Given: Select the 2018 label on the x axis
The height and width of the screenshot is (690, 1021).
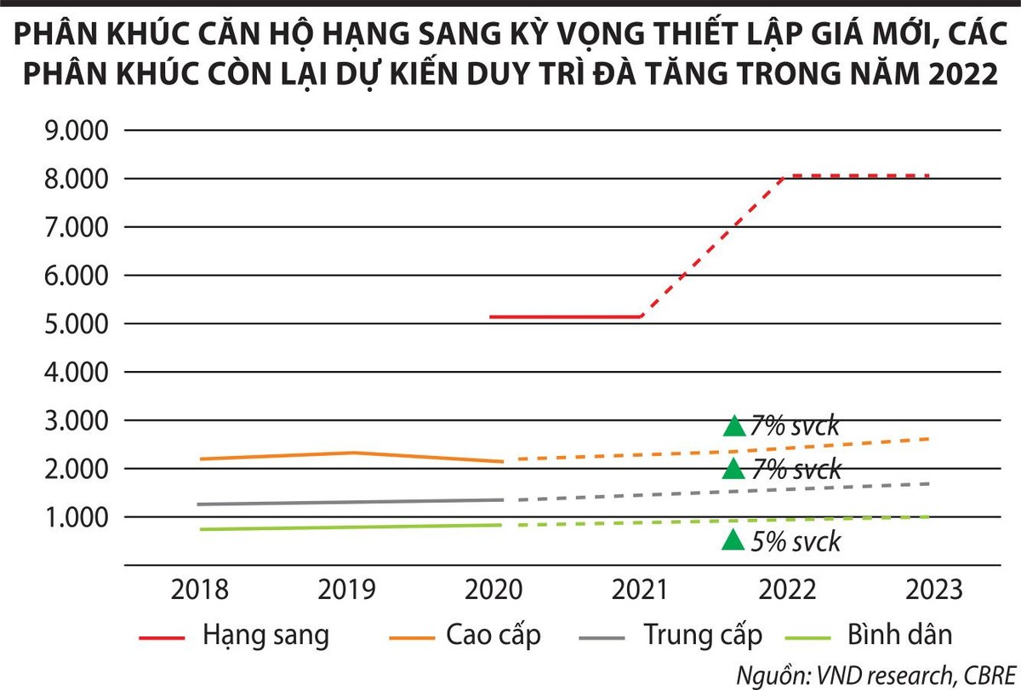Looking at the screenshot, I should (199, 589).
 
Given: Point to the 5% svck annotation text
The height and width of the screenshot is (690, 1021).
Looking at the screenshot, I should (796, 541).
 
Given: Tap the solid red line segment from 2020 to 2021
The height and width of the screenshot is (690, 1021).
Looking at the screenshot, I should (566, 316).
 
